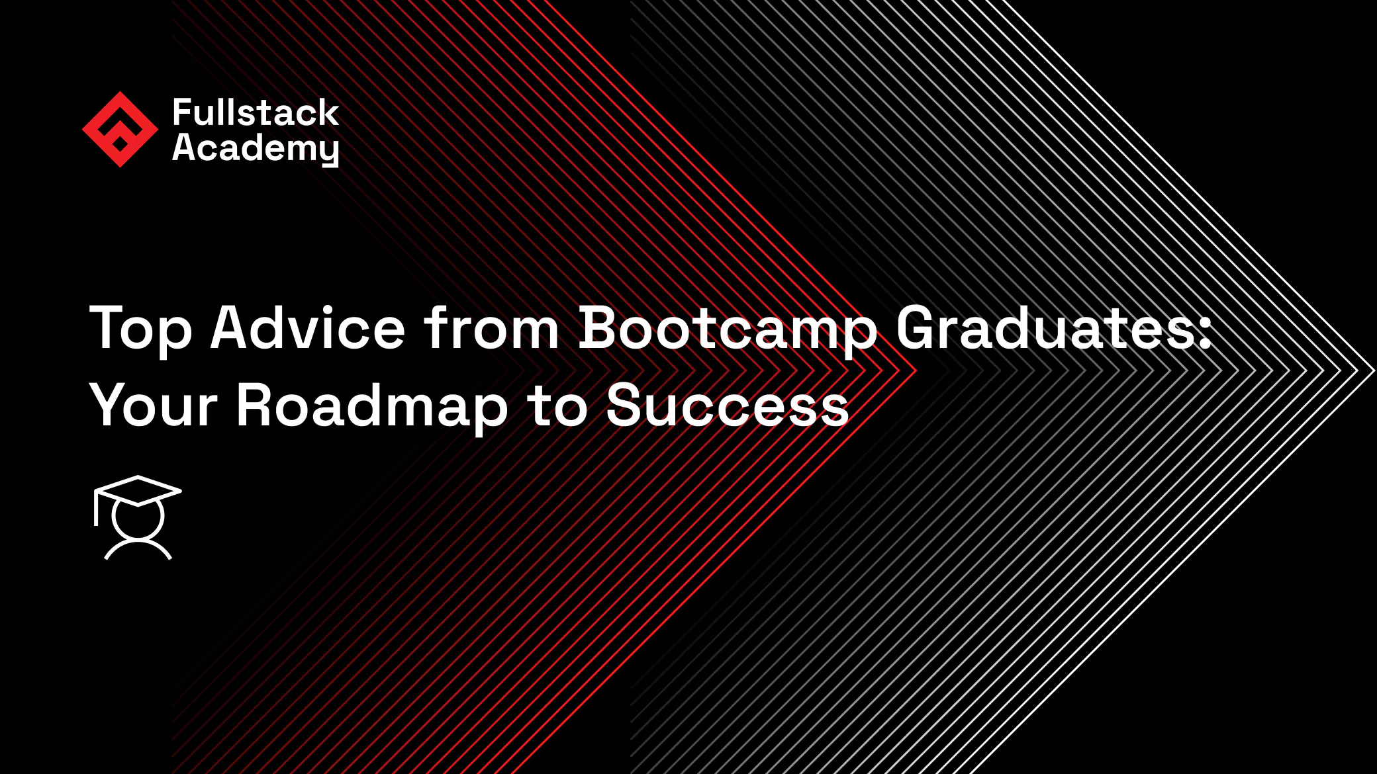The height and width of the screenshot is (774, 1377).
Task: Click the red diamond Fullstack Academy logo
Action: (120, 129)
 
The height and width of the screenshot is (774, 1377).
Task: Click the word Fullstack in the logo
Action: (256, 112)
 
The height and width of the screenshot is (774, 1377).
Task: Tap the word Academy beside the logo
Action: (256, 148)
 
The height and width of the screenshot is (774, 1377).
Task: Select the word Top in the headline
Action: (140, 329)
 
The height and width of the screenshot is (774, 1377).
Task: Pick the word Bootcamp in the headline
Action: (728, 329)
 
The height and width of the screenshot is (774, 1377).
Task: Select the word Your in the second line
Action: (154, 405)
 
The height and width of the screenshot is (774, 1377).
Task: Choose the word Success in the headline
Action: (727, 405)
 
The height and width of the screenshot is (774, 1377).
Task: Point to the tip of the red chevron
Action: (915, 370)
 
